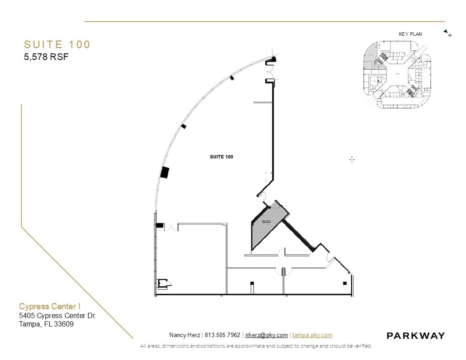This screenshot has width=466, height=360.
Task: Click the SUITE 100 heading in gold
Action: pos(57,45)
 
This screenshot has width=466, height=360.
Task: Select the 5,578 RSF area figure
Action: pos(46,56)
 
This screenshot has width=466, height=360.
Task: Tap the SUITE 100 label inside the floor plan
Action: pos(222,157)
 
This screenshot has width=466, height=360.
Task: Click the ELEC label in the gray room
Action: pos(266,222)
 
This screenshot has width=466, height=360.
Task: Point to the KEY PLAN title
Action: pos(410,34)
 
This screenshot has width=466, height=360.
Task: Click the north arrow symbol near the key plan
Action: pos(447,33)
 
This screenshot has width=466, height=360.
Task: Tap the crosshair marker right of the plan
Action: pos(352,159)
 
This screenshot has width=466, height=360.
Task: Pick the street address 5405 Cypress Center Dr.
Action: pos(57,315)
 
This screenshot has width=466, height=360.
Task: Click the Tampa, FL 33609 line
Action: pos(46,324)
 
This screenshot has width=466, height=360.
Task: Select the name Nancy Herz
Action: pos(184,335)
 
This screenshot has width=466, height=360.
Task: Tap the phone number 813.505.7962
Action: pos(222,335)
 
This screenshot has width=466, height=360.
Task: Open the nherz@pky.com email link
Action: pos(266,335)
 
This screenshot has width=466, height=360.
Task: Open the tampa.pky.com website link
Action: pos(312,335)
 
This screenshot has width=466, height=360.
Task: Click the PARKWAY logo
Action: pos(415,336)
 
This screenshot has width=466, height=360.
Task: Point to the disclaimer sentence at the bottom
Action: pos(256,346)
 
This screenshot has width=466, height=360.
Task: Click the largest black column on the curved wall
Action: pos(165,172)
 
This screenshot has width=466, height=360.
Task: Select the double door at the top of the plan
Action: pos(270,71)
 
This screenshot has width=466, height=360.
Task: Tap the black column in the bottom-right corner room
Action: pos(345,283)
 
